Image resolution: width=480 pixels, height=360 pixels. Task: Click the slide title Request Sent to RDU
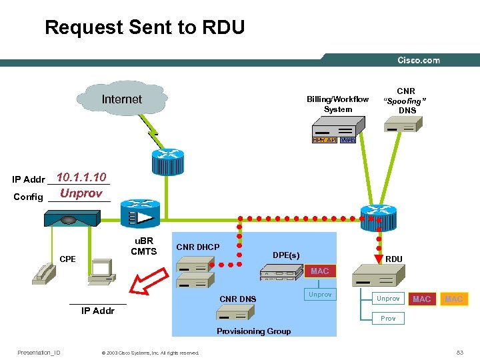[x=145, y=28]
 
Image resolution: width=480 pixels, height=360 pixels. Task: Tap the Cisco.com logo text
[x=419, y=61]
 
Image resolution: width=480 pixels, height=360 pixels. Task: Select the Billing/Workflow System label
[x=337, y=104]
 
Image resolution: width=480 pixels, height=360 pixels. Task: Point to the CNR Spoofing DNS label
[x=406, y=101]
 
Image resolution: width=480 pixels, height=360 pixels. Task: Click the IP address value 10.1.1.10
[x=81, y=177]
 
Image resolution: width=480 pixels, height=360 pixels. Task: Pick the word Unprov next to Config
[x=81, y=194]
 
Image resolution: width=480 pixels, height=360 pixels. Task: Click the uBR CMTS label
[x=143, y=246]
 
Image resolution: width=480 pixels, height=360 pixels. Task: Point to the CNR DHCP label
[x=197, y=247]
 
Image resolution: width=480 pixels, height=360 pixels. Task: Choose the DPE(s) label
[x=286, y=255]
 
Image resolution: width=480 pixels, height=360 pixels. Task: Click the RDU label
[x=394, y=259]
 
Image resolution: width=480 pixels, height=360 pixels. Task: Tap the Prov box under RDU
[x=388, y=319]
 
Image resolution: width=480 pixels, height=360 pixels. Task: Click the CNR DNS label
[x=238, y=299]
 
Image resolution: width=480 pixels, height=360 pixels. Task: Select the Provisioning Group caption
[x=253, y=331]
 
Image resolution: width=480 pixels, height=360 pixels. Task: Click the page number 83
[x=459, y=353]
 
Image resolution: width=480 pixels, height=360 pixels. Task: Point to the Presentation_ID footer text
[x=39, y=353]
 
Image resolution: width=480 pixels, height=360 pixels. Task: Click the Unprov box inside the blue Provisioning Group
[x=320, y=295]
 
